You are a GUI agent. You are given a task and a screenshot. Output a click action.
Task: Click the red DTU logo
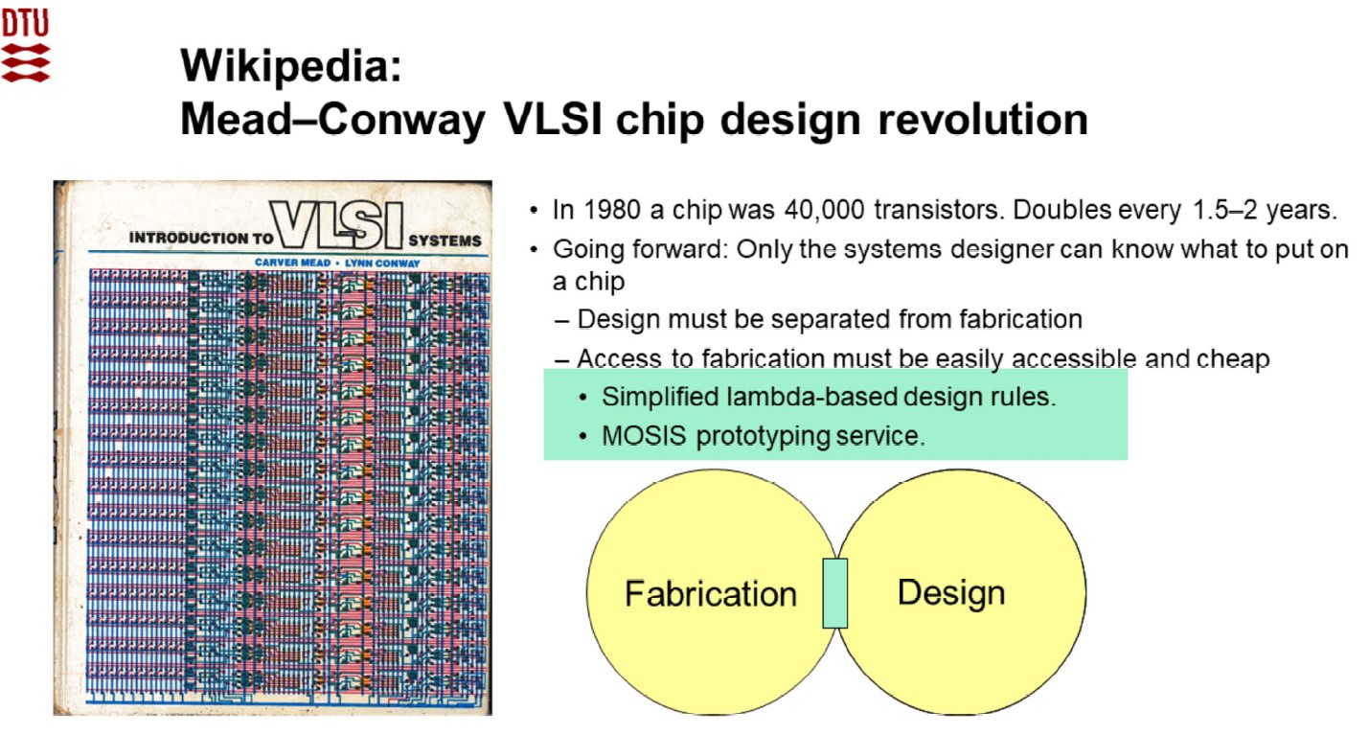[x=26, y=46]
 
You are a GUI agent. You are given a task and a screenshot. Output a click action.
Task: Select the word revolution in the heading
[x=983, y=119]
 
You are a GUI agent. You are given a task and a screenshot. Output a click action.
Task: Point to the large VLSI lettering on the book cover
[x=337, y=225]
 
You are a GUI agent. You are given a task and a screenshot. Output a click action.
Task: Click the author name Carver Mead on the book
[x=292, y=263]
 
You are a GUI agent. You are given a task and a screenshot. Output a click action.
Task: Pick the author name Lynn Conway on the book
[x=382, y=264]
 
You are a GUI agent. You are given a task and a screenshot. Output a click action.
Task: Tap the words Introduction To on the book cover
[x=200, y=238]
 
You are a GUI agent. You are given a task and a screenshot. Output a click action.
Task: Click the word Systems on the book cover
[x=445, y=241]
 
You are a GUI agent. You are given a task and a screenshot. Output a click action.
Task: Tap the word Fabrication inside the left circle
[x=711, y=593]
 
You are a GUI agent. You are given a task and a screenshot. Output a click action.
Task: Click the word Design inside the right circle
[x=951, y=593]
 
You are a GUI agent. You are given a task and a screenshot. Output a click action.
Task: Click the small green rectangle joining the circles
[x=834, y=593]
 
